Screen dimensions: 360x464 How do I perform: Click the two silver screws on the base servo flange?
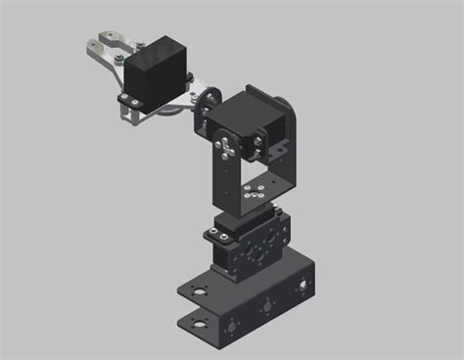click(x=214, y=236)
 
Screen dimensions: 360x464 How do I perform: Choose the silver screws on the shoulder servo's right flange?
click(x=258, y=148)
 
